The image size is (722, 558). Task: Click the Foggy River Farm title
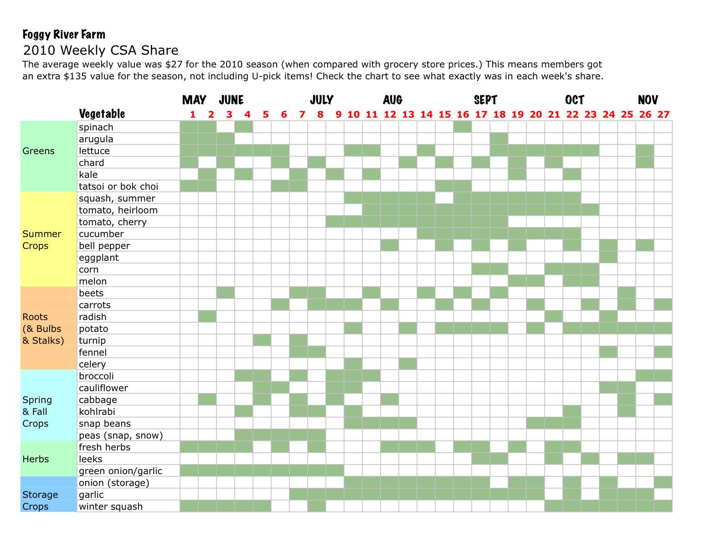tap(64, 35)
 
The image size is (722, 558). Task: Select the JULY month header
tap(321, 100)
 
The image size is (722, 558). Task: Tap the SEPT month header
tap(485, 100)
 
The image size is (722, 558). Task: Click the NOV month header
tap(648, 100)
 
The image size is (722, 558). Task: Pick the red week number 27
tap(663, 114)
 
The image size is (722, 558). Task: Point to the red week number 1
tap(193, 114)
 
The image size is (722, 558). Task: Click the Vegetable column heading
tap(102, 114)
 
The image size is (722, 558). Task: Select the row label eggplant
tap(98, 258)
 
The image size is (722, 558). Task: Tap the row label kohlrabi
tap(97, 412)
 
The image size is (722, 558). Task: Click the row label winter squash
tap(111, 506)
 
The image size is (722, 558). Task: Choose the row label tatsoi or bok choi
tap(119, 186)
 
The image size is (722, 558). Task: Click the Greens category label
tap(38, 151)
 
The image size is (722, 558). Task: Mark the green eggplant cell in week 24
tap(609, 258)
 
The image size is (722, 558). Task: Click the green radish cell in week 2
tap(207, 317)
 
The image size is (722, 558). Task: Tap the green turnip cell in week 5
tap(262, 341)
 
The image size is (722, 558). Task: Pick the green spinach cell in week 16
tap(463, 127)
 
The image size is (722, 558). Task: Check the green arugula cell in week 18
tap(499, 139)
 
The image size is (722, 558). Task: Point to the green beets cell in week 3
tap(226, 293)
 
